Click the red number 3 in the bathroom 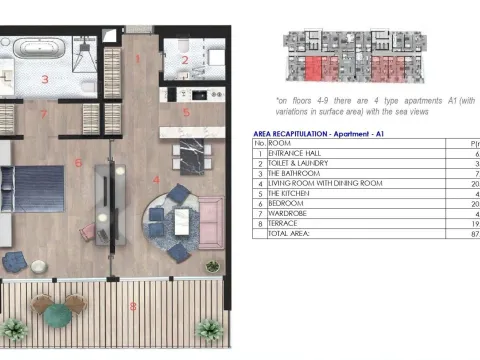point(44,77)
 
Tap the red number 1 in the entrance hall point(138,58)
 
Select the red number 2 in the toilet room point(185,60)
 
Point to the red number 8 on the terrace point(133,305)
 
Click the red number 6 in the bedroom point(78,161)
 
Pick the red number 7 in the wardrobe point(44,113)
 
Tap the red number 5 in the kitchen point(186,112)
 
